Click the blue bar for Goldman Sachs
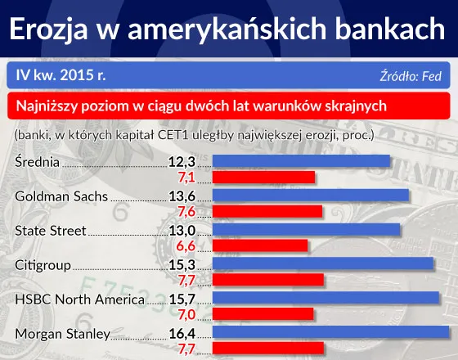(x=311, y=196)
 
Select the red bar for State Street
(x=260, y=245)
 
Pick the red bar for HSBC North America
(x=263, y=314)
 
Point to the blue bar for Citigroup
(x=323, y=264)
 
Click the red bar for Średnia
(x=264, y=177)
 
